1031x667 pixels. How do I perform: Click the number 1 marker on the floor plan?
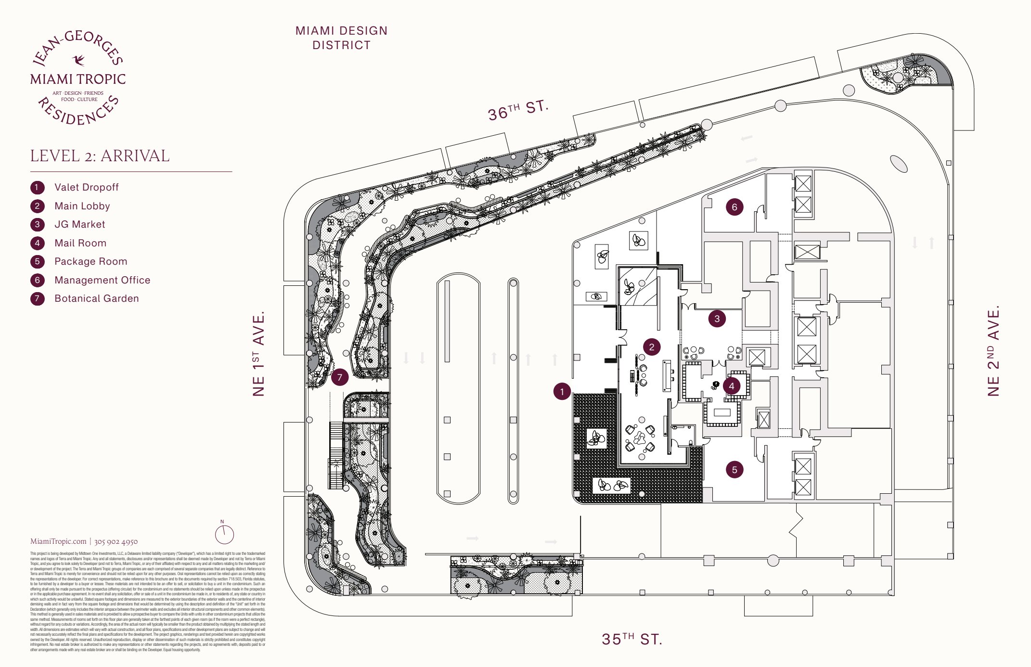[x=562, y=392]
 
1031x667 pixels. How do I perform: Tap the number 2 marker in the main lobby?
[x=652, y=347]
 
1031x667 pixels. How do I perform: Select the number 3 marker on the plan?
[x=717, y=319]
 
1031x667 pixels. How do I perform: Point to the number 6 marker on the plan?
[x=735, y=207]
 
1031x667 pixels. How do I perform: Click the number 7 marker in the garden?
[x=340, y=377]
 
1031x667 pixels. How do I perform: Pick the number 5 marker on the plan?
[x=735, y=470]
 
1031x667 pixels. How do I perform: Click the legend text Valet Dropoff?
[x=86, y=187]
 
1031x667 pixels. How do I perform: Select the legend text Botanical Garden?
[x=96, y=298]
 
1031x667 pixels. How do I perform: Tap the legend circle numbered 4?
[x=38, y=243]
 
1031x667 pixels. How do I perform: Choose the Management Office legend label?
[x=102, y=280]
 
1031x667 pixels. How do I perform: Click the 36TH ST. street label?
[x=518, y=110]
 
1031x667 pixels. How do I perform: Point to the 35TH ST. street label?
[x=632, y=639]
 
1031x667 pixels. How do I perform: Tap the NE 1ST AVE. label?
[x=259, y=354]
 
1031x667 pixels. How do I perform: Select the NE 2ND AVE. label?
[x=993, y=351]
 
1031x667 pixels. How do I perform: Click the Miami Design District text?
[x=341, y=38]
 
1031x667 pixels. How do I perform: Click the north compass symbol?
[x=224, y=534]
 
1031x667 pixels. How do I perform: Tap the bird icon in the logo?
[x=78, y=60]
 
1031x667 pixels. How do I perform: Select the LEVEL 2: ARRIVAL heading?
[x=100, y=156]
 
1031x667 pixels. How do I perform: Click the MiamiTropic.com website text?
[x=58, y=541]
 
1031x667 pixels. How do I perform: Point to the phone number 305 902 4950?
[x=116, y=541]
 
